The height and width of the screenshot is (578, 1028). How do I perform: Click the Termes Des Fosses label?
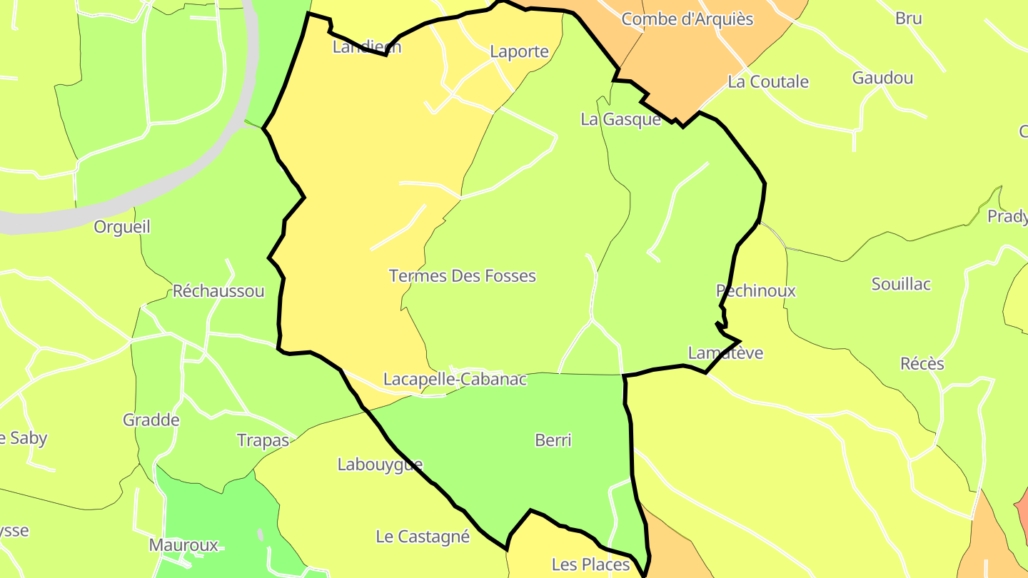pyautogui.click(x=462, y=276)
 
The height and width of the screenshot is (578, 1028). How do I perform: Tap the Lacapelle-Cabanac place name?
pyautogui.click(x=455, y=380)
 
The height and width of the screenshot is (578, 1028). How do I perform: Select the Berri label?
pyautogui.click(x=553, y=441)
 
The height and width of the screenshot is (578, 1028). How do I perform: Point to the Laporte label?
pyautogui.click(x=519, y=51)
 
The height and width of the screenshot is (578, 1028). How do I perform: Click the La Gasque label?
pyautogui.click(x=620, y=119)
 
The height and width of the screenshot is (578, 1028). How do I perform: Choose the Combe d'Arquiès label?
pyautogui.click(x=687, y=19)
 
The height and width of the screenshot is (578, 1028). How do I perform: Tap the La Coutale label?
pyautogui.click(x=768, y=82)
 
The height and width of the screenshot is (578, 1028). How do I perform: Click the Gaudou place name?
pyautogui.click(x=882, y=78)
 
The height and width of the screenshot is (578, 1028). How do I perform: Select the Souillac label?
pyautogui.click(x=901, y=284)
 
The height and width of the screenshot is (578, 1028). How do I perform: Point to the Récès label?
pyautogui.click(x=922, y=364)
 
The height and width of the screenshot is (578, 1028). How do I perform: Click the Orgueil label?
pyautogui.click(x=122, y=227)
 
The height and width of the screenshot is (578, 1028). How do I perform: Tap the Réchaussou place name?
pyautogui.click(x=218, y=291)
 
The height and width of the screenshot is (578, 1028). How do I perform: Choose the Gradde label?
pyautogui.click(x=151, y=420)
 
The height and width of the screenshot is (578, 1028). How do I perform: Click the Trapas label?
pyautogui.click(x=263, y=440)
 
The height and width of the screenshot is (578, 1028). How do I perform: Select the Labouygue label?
pyautogui.click(x=380, y=465)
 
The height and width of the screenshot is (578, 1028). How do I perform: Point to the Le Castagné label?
pyautogui.click(x=423, y=537)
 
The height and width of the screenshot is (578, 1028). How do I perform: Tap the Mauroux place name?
pyautogui.click(x=183, y=545)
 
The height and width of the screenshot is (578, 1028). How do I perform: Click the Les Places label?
pyautogui.click(x=590, y=565)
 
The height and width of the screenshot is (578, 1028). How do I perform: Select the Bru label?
pyautogui.click(x=908, y=19)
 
